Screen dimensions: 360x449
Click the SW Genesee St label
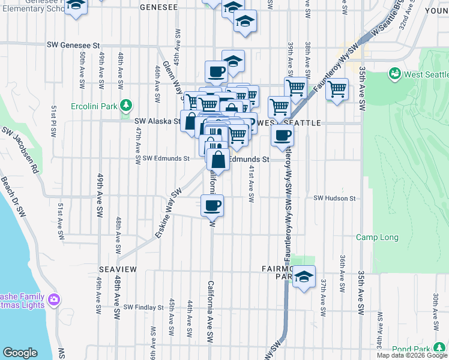pos(74,45)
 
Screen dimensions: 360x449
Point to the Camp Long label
pos(377,238)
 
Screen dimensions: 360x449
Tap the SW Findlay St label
pos(143,307)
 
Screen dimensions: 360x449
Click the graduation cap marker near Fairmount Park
pos(304,277)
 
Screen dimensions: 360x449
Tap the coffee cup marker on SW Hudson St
pos(211,206)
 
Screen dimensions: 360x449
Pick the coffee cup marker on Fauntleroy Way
pos(282,135)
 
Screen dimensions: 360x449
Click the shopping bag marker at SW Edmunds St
pos(218,160)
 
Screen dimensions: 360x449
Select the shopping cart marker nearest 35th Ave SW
pos(337,89)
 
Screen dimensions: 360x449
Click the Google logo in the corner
pos(19,353)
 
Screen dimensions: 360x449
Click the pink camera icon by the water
pos(54,299)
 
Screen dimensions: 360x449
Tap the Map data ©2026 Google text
pos(412,355)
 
